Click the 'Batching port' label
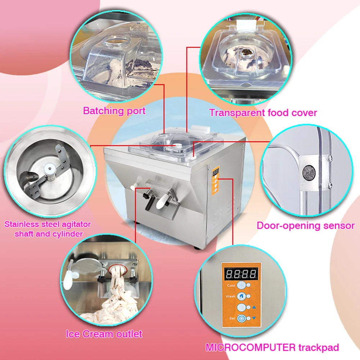[114, 111]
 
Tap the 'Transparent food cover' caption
[263, 113]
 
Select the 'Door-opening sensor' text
[306, 225]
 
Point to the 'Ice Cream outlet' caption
[104, 334]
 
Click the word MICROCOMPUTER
[251, 347]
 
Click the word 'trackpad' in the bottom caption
[319, 348]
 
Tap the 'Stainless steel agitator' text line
[48, 224]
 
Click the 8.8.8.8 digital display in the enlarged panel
[241, 274]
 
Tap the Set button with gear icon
[241, 319]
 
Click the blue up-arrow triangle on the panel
[254, 307]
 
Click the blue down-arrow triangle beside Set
[254, 318]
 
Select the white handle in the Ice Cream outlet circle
[68, 276]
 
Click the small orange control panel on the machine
[215, 181]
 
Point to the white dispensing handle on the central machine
[162, 201]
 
